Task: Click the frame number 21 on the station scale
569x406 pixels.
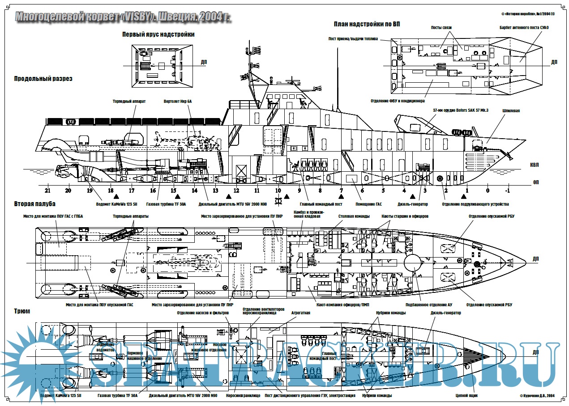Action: point(47,190)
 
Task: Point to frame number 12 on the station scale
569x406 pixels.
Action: point(236,190)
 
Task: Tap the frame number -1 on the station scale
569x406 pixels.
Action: point(508,190)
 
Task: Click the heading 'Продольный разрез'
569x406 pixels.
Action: point(43,79)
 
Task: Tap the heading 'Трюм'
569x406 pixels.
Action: point(22,311)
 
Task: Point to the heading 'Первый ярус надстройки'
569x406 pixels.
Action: point(158,34)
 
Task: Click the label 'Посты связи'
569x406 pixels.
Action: point(441,28)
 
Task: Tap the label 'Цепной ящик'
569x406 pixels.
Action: point(467,395)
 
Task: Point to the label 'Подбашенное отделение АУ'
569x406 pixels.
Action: point(428,305)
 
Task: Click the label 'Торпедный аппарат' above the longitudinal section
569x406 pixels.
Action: point(129,101)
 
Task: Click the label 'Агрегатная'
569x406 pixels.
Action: point(300,313)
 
